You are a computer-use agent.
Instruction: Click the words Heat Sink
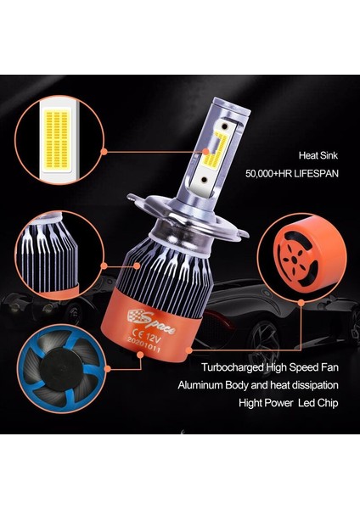point(318,155)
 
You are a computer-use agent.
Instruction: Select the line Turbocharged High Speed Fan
point(270,369)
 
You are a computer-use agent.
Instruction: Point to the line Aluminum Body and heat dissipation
point(270,385)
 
